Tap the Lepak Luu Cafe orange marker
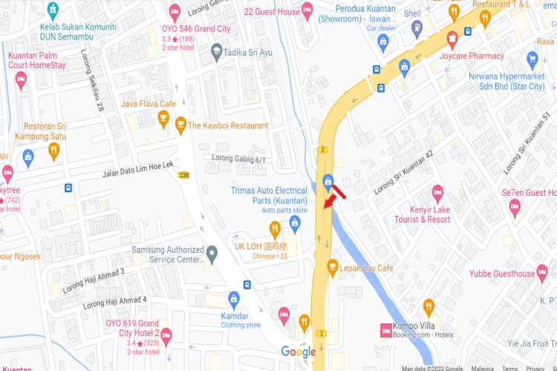333,266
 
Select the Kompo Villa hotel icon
387,329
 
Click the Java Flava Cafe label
148,104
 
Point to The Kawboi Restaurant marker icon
180,125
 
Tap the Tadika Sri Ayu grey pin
216,51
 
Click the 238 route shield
183,175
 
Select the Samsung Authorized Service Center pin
212,255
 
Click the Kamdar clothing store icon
233,299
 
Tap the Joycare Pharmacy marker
452,38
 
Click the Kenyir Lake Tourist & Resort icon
437,192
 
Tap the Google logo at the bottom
298,352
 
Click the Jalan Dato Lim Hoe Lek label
137,169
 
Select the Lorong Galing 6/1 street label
238,159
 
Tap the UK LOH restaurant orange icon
274,229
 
